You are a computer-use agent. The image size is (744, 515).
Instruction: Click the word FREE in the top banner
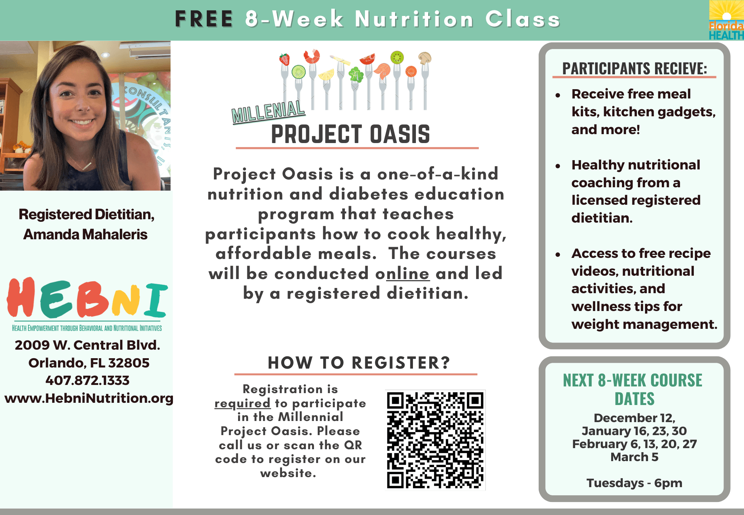tap(204, 19)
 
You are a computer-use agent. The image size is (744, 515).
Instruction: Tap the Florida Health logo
tap(726, 20)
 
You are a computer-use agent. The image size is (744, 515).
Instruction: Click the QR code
tap(435, 440)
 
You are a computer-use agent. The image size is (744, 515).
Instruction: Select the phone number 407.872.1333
tap(87, 380)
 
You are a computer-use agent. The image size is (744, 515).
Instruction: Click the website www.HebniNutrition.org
tap(89, 398)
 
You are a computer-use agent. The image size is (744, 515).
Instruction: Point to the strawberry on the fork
tap(285, 59)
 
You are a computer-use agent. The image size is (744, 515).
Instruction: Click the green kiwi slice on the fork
tap(397, 57)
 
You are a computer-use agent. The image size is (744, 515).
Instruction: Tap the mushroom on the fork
tap(424, 58)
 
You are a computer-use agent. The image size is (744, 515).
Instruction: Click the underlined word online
tap(408, 274)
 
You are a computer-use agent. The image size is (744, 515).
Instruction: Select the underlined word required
tap(243, 404)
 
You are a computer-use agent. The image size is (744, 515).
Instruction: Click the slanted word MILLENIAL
tap(268, 111)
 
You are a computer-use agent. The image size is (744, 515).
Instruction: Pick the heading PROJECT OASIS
tap(350, 134)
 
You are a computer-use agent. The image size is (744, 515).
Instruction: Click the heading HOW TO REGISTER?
tap(359, 363)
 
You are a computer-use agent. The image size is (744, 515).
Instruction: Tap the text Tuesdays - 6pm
tap(634, 483)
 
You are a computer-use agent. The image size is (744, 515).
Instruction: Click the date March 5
tap(634, 457)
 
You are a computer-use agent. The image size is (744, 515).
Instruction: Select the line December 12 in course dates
tap(634, 418)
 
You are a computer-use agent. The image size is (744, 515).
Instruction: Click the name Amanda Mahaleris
tap(86, 235)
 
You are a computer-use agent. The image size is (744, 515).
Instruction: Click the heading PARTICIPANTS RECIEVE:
tap(634, 69)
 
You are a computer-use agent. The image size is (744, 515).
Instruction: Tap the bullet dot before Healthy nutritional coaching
tap(558, 166)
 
